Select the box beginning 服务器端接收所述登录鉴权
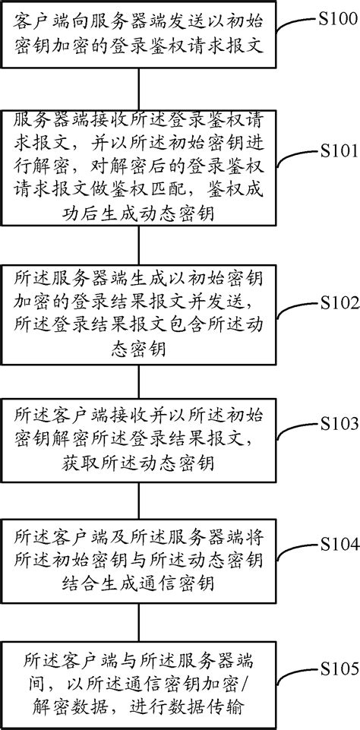pos(139,166)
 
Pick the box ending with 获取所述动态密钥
pos(139,441)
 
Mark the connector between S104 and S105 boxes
pos(139,618)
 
